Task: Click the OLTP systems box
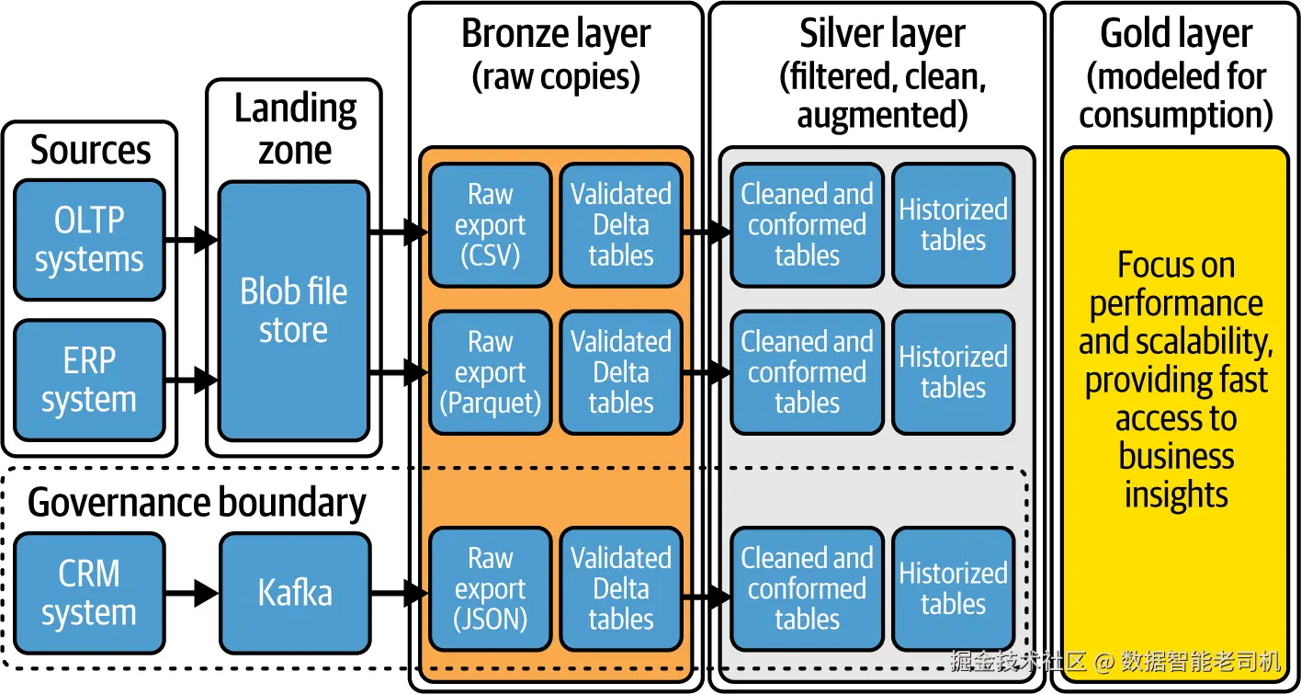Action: (89, 240)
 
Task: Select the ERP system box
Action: (89, 380)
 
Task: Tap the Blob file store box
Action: (293, 311)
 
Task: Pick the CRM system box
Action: (89, 593)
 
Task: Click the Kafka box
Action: (294, 593)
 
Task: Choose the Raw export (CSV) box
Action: (490, 225)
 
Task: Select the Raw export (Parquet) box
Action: (490, 372)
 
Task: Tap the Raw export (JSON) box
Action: (490, 589)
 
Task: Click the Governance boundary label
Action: (197, 503)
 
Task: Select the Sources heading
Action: (90, 150)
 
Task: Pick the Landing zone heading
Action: (294, 129)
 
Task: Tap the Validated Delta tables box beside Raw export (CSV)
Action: (621, 225)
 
